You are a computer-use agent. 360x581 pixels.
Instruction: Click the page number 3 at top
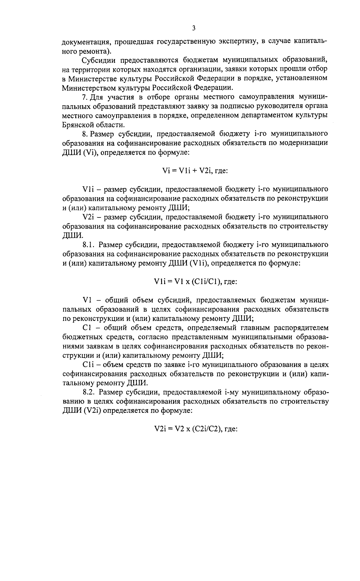coord(193,28)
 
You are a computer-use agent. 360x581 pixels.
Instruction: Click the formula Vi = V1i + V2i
coord(195,170)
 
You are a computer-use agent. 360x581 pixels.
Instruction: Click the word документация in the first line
coord(85,41)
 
